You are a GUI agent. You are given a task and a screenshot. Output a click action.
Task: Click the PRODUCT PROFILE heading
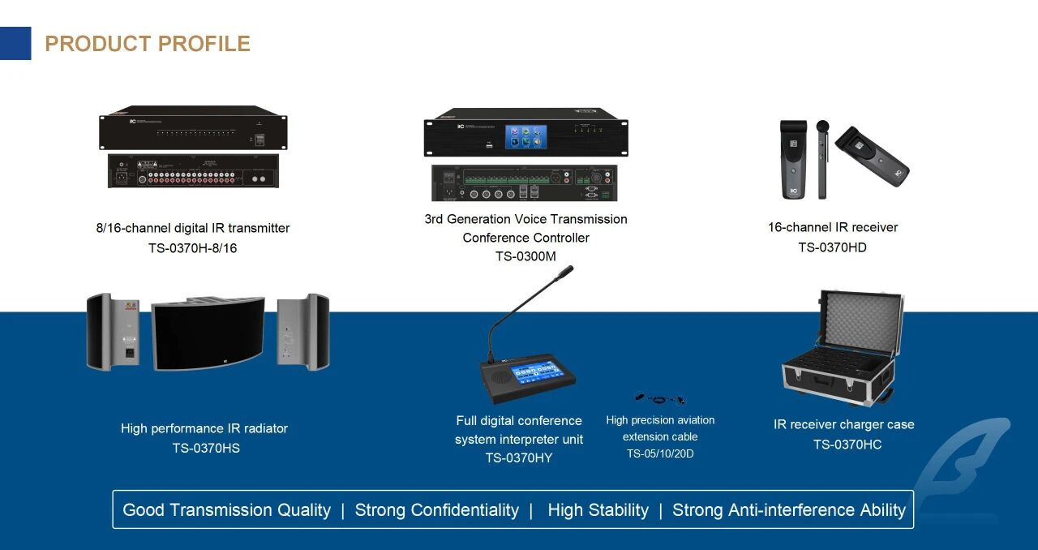(148, 44)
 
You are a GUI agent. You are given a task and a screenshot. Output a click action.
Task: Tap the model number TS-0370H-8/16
(192, 248)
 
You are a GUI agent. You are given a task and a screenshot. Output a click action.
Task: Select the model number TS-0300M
(525, 256)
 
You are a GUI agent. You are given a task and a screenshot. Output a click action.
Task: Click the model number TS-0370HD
(832, 247)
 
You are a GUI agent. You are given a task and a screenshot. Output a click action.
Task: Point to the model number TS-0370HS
(206, 448)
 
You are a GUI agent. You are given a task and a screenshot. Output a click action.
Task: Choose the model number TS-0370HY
(519, 458)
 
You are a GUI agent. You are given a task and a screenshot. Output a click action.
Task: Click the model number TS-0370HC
(847, 445)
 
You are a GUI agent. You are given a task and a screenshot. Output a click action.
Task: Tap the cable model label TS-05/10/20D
(660, 453)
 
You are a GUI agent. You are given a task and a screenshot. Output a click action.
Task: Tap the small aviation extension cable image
(659, 398)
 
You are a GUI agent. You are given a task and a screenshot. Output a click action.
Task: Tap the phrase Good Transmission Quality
(226, 510)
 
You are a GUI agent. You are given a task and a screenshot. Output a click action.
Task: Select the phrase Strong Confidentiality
(436, 510)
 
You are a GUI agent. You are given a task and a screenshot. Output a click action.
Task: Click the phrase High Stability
(598, 510)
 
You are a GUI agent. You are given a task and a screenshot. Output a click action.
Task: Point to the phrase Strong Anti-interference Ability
(788, 510)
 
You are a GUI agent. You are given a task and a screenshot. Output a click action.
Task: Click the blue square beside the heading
(15, 44)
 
